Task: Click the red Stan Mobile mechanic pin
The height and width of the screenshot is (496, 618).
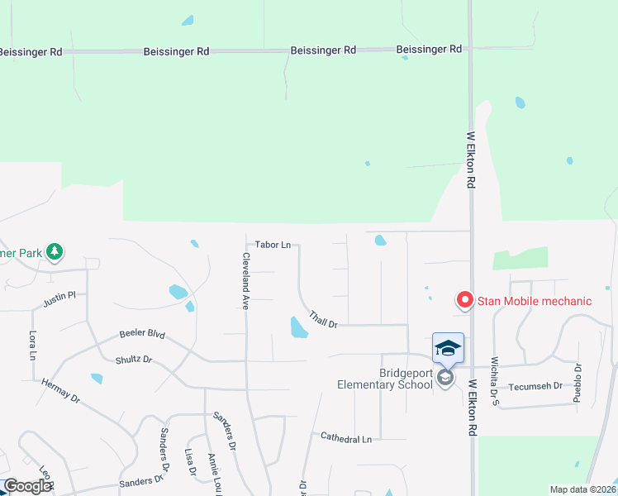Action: (x=464, y=300)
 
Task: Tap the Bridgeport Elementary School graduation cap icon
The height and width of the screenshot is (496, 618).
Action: (x=448, y=348)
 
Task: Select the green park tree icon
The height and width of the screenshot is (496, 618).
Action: (x=55, y=250)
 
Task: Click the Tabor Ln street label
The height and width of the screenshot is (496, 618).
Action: (x=273, y=245)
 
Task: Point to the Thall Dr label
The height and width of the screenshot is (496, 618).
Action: (x=324, y=319)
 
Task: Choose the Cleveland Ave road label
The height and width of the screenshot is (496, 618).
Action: (x=245, y=276)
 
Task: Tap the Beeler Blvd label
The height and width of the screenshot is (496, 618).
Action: (x=141, y=335)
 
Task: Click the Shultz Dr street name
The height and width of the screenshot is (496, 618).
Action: (x=134, y=360)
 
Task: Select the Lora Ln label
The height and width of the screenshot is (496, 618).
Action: (x=33, y=346)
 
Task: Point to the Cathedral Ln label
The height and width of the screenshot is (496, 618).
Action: (x=346, y=439)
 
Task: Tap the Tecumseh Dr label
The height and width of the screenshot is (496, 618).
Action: (x=535, y=386)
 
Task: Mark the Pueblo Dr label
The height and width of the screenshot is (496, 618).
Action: (x=578, y=383)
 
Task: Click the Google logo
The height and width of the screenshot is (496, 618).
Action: (x=28, y=486)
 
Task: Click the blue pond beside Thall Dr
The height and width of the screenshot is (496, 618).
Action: (x=298, y=327)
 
